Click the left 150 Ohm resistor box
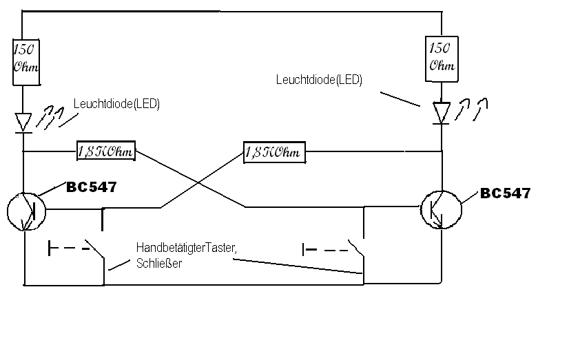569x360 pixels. coord(26,63)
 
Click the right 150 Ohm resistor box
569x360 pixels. coord(442,59)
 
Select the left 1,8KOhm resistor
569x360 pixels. coord(106,151)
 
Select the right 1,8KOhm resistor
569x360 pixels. coord(274,152)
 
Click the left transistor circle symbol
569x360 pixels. coord(26,212)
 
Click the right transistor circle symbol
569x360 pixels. coord(442,209)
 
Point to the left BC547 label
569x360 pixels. coord(92,187)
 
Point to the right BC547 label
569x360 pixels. coord(506,193)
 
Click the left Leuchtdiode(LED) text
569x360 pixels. coord(116,104)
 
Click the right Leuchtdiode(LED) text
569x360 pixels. coord(319,80)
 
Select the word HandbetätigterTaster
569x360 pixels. coord(186,248)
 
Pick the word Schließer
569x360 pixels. coord(159,263)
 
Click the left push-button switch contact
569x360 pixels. coord(95,248)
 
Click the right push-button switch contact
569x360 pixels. coord(356,248)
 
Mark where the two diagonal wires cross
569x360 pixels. coord(198,184)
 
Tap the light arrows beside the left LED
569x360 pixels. coord(50,118)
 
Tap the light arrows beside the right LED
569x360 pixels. coord(471,109)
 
